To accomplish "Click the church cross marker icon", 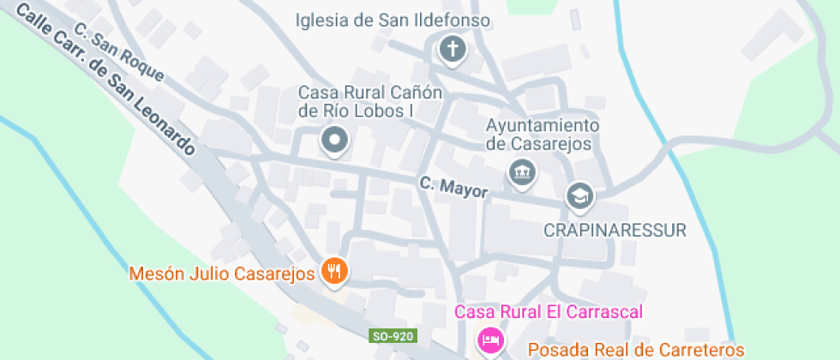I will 451,49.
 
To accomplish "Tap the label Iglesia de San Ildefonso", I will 392,20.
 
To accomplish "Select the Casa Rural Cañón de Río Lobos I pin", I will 333,139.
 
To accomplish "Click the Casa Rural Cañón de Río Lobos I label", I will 369,101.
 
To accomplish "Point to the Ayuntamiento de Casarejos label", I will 543,135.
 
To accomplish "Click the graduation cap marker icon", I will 580,196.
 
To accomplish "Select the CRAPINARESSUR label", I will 616,230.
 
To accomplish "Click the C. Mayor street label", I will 453,187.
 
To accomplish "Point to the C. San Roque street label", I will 118,51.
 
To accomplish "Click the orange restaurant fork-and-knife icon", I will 333,272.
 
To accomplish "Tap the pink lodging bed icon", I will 490,339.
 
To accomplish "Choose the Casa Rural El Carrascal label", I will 549,312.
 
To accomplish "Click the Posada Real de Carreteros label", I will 636,349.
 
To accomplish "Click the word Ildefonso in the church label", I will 455,20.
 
